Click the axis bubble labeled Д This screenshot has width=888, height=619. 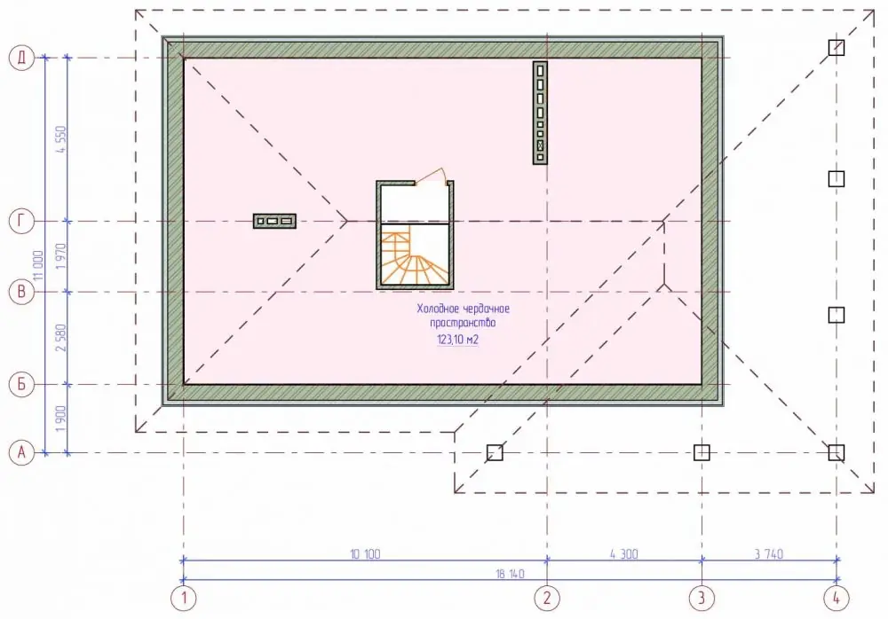click(x=21, y=58)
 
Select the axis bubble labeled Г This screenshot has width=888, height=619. click(x=21, y=221)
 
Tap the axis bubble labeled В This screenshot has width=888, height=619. click(x=21, y=292)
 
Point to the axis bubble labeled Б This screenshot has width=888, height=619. click(x=21, y=384)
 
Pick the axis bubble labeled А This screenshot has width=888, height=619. click(x=21, y=452)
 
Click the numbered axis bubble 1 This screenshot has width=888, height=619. click(x=184, y=598)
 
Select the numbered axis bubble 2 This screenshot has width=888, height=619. click(x=547, y=598)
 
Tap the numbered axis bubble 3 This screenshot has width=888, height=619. click(x=702, y=598)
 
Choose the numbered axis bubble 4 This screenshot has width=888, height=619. click(x=836, y=598)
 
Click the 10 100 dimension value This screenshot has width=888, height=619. click(x=365, y=554)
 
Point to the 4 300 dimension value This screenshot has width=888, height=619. click(x=624, y=554)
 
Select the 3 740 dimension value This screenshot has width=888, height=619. click(x=769, y=554)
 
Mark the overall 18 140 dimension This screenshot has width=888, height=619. click(x=511, y=574)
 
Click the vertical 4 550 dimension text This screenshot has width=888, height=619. click(x=61, y=139)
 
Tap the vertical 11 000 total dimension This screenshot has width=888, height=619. click(x=38, y=266)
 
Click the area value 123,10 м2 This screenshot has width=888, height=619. click(x=457, y=340)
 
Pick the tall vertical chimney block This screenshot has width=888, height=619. click(x=540, y=114)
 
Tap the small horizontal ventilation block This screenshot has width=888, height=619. click(x=274, y=221)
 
